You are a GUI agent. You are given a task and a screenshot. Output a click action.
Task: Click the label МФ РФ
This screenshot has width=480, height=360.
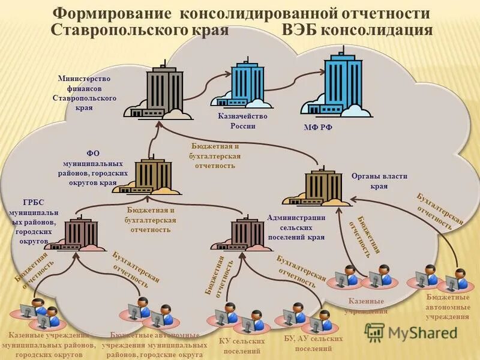tap(318, 128)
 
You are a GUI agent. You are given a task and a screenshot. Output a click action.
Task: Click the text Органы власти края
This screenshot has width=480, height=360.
tap(379, 181)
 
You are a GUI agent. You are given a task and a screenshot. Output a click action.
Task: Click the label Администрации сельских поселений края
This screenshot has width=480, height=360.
tap(296, 227)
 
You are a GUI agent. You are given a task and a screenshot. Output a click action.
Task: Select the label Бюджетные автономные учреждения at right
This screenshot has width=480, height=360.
tap(448, 307)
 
